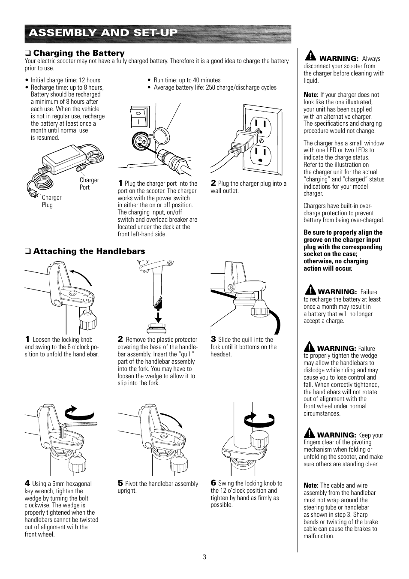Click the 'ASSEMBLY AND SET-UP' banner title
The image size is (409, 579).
[103, 33]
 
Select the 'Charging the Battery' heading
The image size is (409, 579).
[78, 53]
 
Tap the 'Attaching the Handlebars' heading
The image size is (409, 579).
[89, 251]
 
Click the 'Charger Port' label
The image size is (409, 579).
[89, 184]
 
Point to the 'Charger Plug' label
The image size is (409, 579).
[51, 201]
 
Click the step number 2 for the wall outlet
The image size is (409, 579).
[213, 183]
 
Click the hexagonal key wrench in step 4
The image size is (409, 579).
[79, 426]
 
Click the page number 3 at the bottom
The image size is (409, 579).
[204, 557]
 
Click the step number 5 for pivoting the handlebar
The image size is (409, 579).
[120, 483]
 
